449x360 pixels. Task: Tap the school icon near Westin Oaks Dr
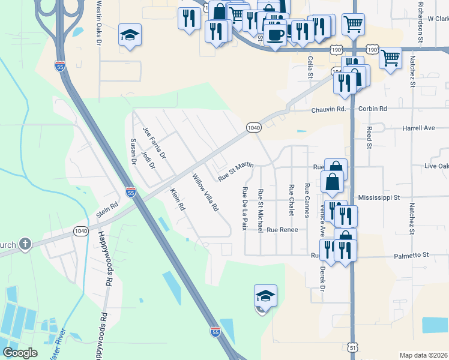tap(129, 34)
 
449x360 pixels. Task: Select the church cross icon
tap(25, 244)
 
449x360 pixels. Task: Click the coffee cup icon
tap(276, 34)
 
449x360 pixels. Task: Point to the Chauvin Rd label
tap(328, 109)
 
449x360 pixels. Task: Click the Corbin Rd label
tap(373, 109)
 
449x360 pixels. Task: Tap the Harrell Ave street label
tap(418, 128)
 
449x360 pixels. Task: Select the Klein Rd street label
tap(177, 199)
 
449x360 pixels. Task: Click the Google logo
tap(20, 353)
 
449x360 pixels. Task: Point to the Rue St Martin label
tap(236, 170)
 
